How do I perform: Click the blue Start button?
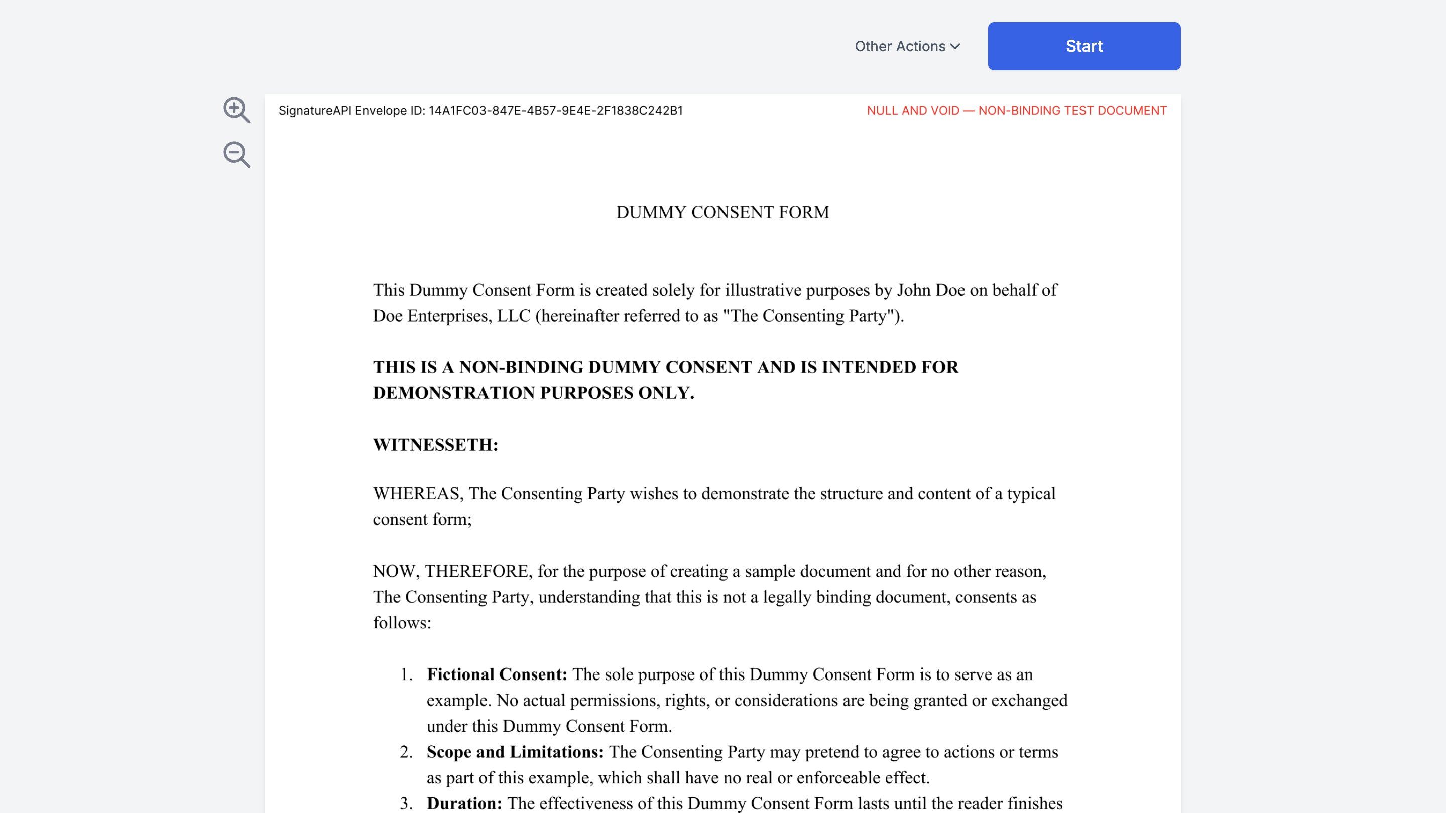point(1083,46)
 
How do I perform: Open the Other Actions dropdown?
point(907,46)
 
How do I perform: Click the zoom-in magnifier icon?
point(236,109)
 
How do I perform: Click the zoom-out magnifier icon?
point(236,154)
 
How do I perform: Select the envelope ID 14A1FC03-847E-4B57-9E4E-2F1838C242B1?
point(555,110)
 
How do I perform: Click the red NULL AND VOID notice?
point(1016,110)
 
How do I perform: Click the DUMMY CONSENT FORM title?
point(722,212)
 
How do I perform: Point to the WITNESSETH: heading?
point(435,444)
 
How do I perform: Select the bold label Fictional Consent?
point(496,674)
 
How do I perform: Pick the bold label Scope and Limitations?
point(515,751)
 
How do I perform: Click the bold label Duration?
point(463,803)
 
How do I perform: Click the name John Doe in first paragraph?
point(930,290)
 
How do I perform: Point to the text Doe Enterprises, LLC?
point(451,315)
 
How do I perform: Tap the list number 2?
point(406,751)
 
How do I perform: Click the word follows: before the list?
point(402,622)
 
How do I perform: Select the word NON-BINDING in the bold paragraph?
point(521,367)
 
